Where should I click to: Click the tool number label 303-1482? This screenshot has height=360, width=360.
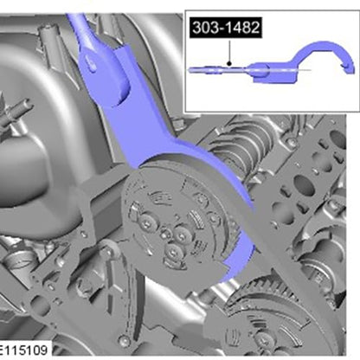pos(226,28)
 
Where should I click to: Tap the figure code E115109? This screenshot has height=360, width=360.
pos(23,350)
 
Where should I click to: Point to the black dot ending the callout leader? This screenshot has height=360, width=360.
pos(229,63)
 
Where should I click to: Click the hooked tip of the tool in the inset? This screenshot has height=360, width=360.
pos(349,68)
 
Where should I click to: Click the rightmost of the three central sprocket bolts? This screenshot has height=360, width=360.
pos(182,236)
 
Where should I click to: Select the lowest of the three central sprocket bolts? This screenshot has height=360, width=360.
pos(173,253)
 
